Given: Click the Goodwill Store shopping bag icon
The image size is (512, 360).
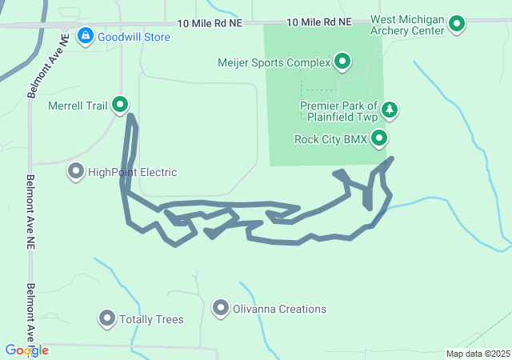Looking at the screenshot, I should [84, 36].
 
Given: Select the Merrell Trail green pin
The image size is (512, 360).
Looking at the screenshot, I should [120, 104].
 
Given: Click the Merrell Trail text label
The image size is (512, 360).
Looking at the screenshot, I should [78, 105].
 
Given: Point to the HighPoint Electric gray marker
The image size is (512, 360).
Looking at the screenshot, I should [76, 171].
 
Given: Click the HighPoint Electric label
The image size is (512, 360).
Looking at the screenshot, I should [132, 172].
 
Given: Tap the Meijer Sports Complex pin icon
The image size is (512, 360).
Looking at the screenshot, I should [342, 62].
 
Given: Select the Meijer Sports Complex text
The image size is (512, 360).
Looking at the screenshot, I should [273, 62].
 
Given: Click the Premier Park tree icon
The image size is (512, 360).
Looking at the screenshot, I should [389, 110].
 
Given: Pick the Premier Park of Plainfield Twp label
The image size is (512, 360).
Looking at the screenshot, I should [338, 111].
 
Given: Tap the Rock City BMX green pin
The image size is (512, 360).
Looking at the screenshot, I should [380, 139].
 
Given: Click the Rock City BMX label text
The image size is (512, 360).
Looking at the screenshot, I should [330, 139].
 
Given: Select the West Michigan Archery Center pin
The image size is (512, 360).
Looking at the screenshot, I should [457, 24].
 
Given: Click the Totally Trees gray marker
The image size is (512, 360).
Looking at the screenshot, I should [106, 318].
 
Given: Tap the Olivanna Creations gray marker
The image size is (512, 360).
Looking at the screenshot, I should [221, 307].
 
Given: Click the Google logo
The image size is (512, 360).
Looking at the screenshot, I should [26, 350].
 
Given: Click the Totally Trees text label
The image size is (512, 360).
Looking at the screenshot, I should [151, 319].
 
